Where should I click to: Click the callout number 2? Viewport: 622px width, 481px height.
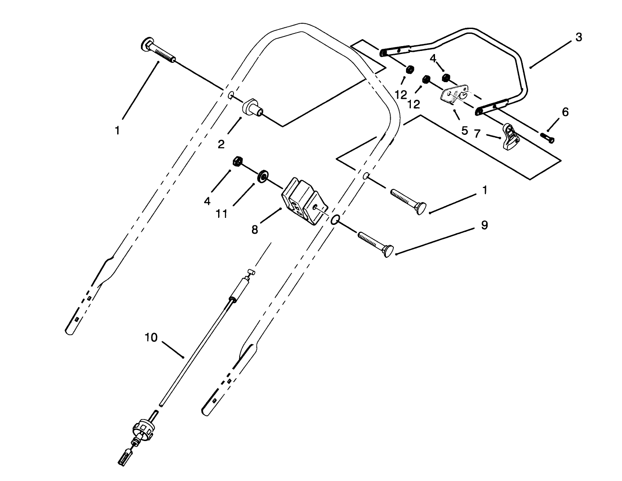pos(221,144)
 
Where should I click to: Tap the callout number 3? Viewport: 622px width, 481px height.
pos(579,37)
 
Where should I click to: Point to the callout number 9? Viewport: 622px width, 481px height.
pos(484,225)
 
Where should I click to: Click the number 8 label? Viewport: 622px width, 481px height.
pos(255,229)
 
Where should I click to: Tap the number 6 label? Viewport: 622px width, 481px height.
pos(565,112)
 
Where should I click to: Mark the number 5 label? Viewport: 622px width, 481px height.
pos(464,130)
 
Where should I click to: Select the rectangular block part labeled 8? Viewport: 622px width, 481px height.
pos(304,201)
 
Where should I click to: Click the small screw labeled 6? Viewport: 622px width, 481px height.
pos(548,138)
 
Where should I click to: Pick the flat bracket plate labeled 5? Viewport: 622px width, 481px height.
pos(454,95)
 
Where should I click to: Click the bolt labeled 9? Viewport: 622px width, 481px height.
pos(375,244)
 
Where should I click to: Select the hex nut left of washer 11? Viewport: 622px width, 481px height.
pos(238,161)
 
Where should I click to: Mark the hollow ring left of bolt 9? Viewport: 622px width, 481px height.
pos(334,220)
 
